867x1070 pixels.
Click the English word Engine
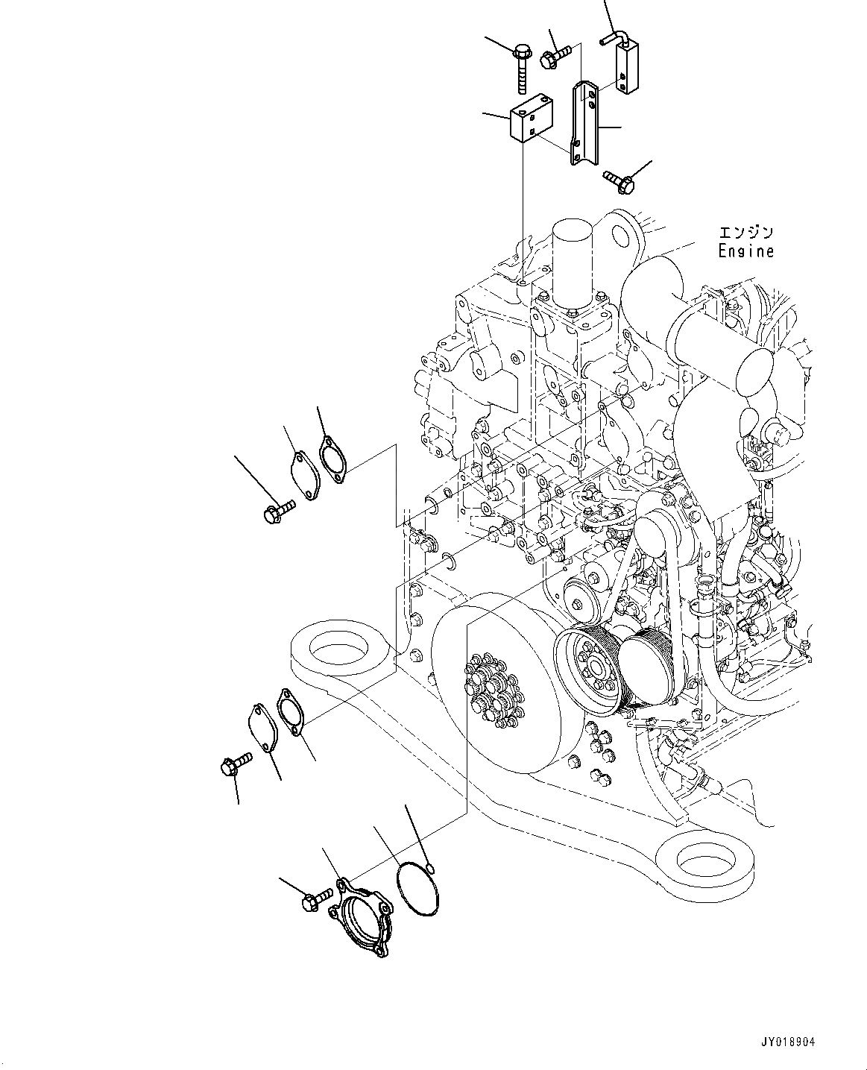click(745, 251)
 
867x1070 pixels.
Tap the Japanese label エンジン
click(745, 233)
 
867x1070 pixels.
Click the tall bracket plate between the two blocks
click(582, 123)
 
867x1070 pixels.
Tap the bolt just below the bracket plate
click(618, 178)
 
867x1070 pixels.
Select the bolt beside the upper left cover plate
click(278, 510)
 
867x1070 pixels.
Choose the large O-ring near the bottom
click(417, 887)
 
